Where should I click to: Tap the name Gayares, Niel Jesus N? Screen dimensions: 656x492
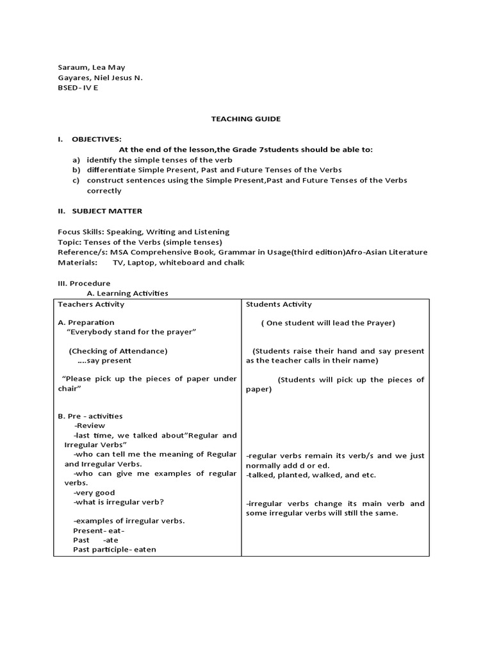pos(100,78)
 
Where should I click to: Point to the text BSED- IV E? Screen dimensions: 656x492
pos(79,88)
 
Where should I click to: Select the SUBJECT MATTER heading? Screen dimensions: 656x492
pos(107,211)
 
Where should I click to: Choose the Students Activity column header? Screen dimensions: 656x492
pos(279,304)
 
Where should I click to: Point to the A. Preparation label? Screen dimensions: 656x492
pos(86,322)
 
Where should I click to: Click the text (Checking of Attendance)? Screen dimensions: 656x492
pos(118,351)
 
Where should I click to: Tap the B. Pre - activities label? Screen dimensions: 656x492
pos(90,416)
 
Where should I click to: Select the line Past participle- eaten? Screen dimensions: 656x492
pos(115,549)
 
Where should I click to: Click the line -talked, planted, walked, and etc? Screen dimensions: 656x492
pos(311,475)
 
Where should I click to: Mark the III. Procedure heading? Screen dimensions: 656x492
pos(84,283)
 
